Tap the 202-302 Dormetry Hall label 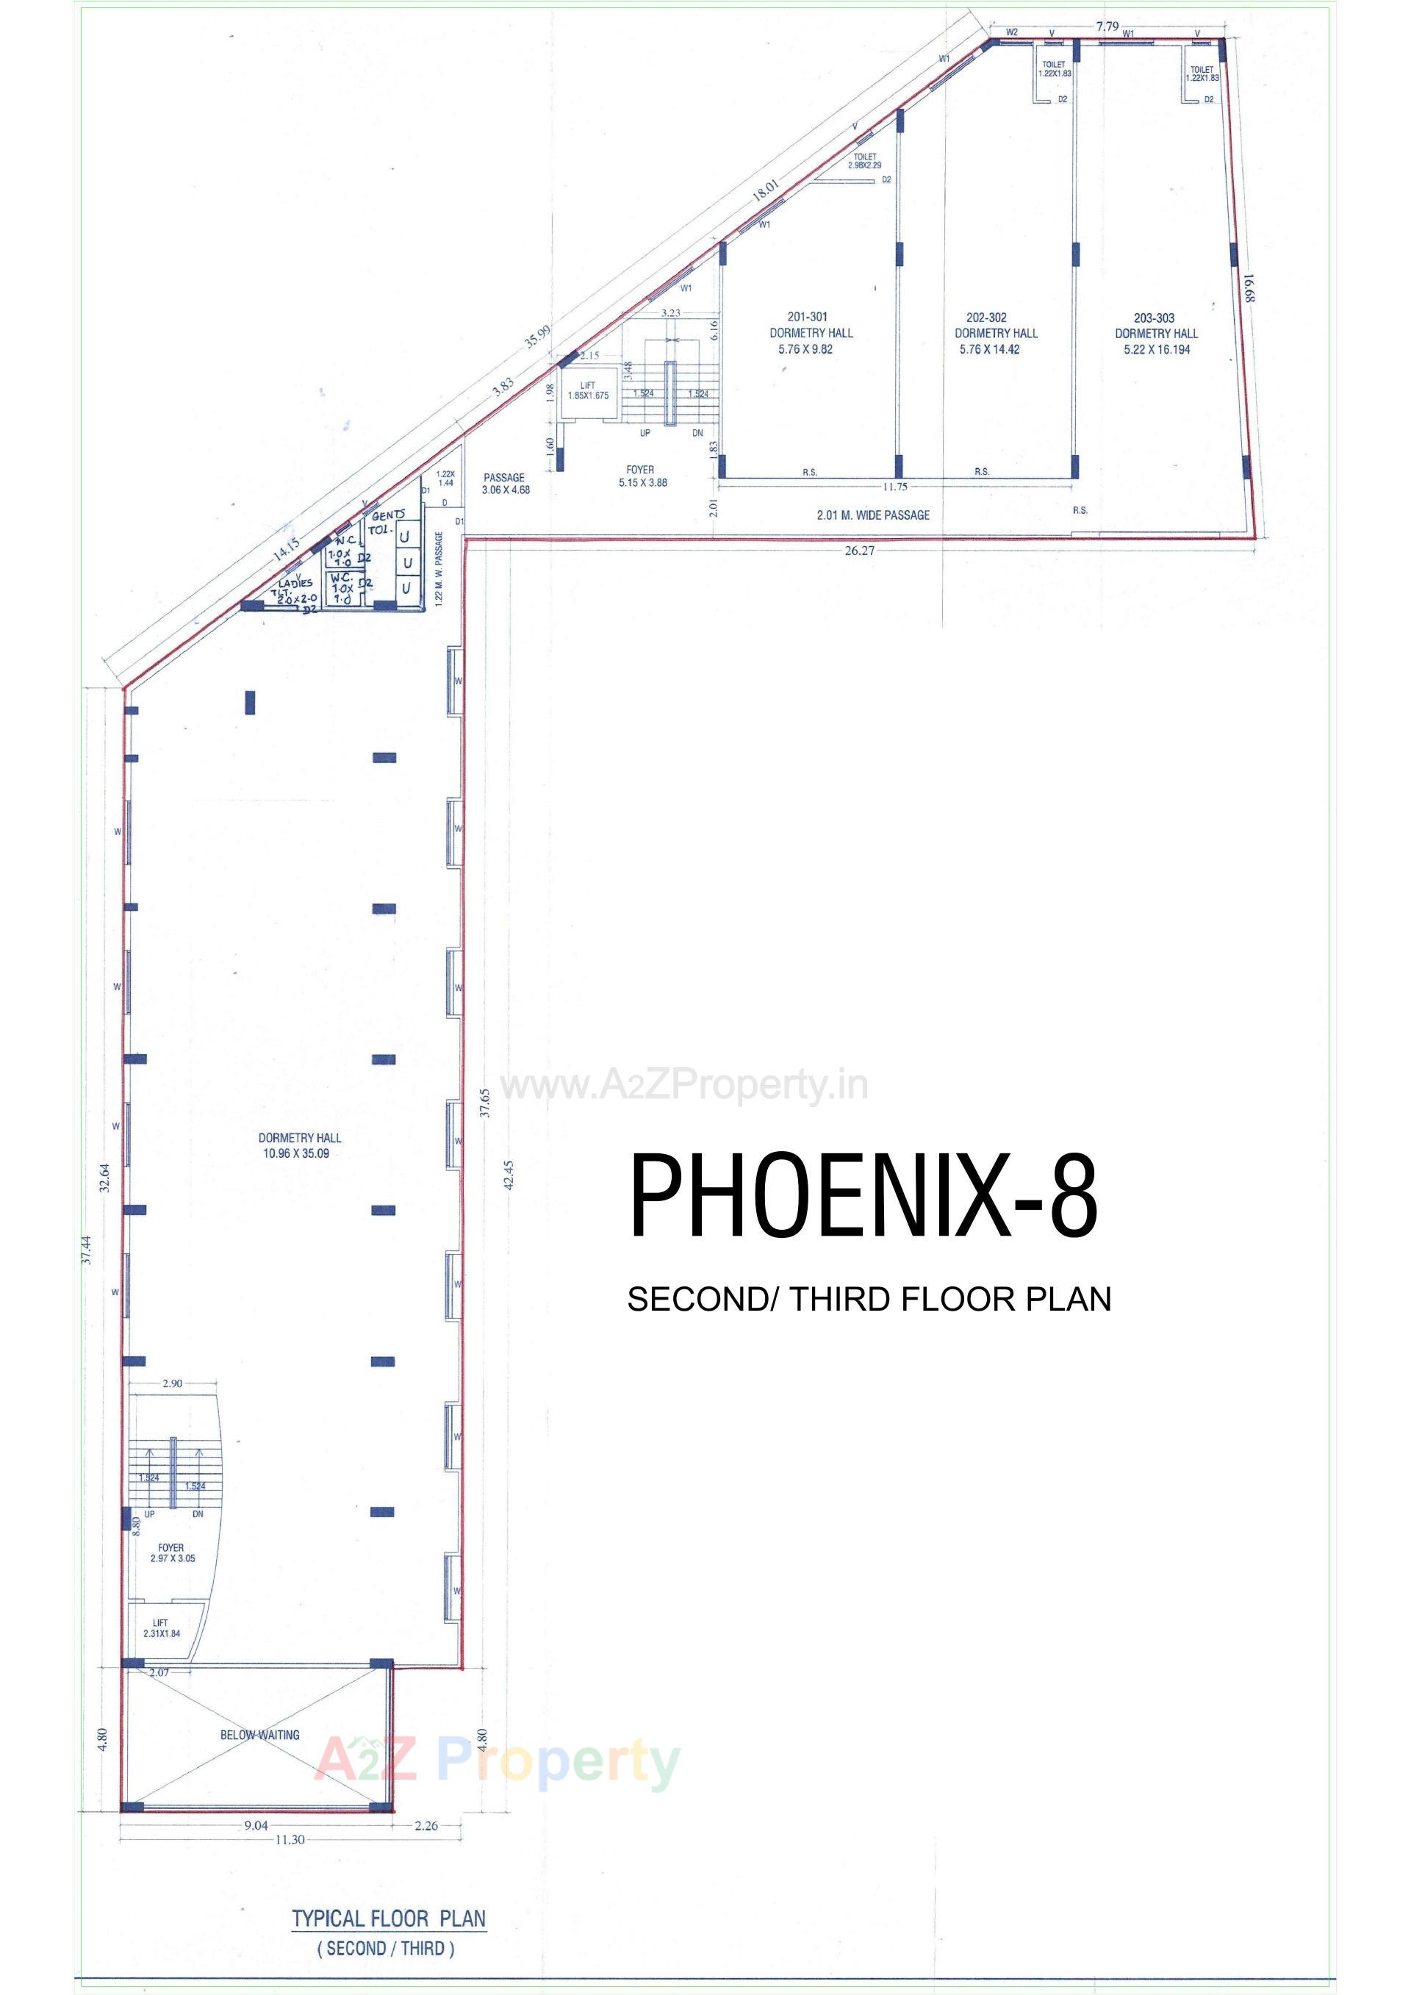[x=996, y=333]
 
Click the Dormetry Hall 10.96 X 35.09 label [x=299, y=1145]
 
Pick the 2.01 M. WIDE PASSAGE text [x=872, y=515]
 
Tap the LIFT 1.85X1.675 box [x=588, y=391]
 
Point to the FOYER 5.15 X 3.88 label [x=642, y=476]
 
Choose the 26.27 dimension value [x=858, y=550]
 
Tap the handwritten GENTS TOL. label [x=385, y=521]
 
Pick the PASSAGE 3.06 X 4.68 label [x=505, y=483]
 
